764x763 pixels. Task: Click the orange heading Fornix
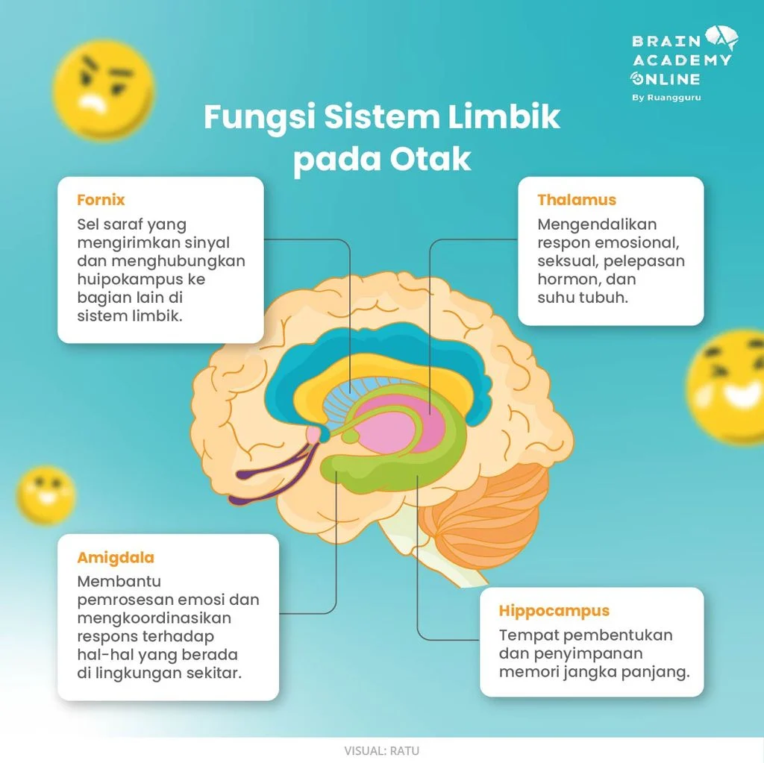(x=101, y=200)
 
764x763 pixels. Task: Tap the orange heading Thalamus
(x=577, y=200)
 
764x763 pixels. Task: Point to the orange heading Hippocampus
(x=554, y=611)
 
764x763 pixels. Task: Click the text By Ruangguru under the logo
(x=666, y=97)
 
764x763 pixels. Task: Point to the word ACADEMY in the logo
(x=682, y=60)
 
